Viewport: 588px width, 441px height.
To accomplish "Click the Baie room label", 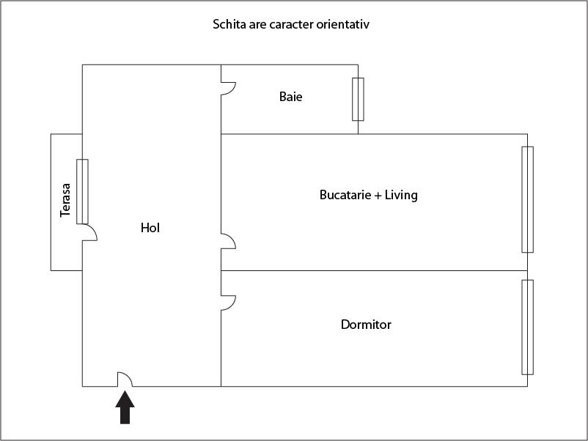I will coord(290,96).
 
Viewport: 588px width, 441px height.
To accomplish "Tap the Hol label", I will coord(150,228).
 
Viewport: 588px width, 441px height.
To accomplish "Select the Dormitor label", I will coord(366,324).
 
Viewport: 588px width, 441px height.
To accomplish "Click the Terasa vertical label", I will coord(65,200).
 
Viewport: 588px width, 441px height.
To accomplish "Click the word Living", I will coord(401,195).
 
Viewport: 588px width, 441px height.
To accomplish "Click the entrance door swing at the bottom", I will coord(125,379).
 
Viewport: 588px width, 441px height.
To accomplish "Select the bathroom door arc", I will coord(228,87).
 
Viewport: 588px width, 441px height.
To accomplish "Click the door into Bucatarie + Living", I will coord(228,241).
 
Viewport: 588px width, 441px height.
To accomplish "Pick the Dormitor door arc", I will coord(228,303).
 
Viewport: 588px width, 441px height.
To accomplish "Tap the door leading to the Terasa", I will coord(89,233).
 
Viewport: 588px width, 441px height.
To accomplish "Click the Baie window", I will coord(358,99).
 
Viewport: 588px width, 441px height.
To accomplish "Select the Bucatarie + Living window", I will coord(527,199).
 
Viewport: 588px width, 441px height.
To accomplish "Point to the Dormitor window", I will coord(527,327).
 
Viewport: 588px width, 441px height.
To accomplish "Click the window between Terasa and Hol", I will coord(82,191).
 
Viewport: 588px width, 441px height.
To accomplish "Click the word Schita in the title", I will coord(229,24).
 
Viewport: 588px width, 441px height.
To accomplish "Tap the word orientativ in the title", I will coord(347,24).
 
